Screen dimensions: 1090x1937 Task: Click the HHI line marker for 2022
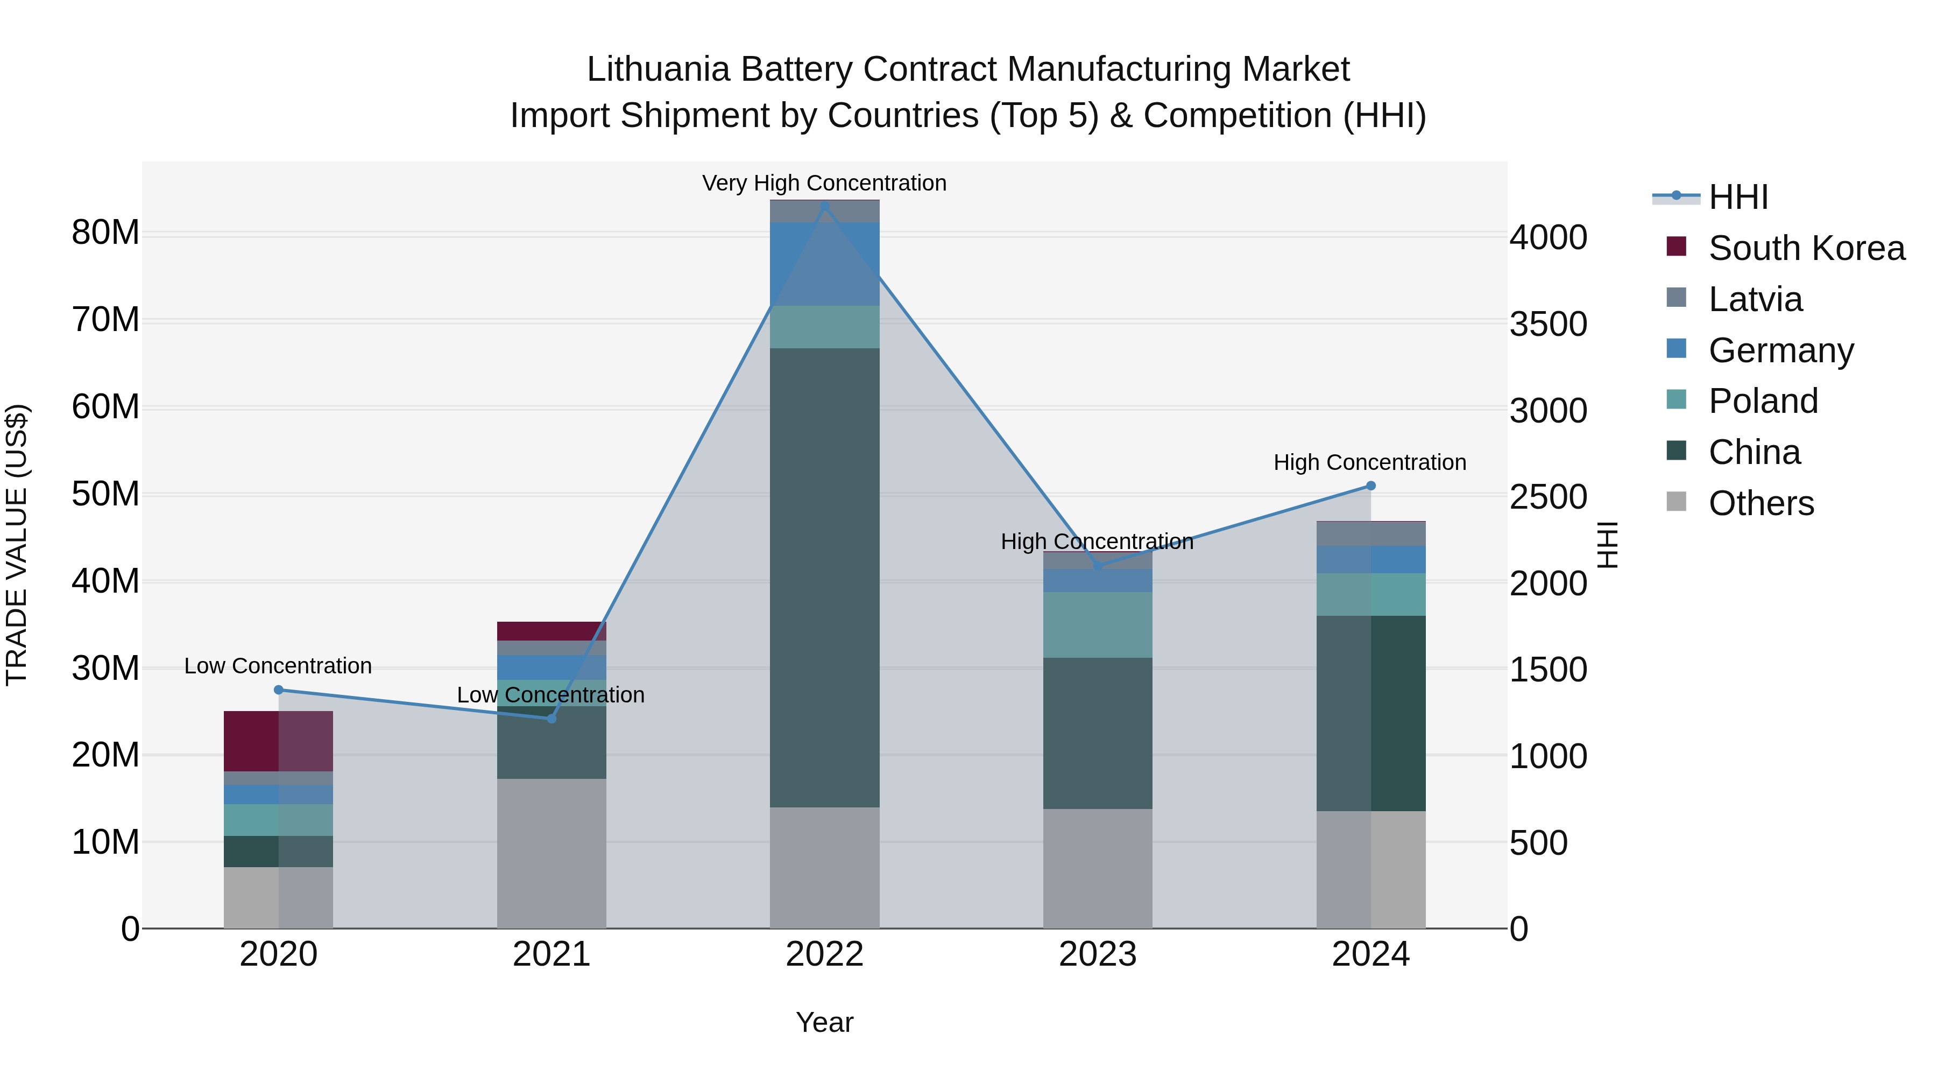coord(824,206)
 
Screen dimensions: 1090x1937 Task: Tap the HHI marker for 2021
coord(551,719)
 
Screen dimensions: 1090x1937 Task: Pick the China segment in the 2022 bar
coord(824,577)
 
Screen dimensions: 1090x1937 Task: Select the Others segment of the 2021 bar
coord(551,853)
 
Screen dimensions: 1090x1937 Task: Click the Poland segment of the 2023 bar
coord(1097,624)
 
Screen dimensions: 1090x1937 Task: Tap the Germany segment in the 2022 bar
coord(824,263)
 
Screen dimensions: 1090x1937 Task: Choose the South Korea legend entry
coord(1806,248)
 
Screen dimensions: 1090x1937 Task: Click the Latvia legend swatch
coord(1676,298)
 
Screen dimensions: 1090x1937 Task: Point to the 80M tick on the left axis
coord(105,233)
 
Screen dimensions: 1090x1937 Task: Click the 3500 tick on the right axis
coord(1548,324)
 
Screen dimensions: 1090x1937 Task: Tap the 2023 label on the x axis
coord(1097,954)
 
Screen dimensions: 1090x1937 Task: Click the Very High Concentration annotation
coord(824,183)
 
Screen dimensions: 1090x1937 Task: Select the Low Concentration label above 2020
coord(278,666)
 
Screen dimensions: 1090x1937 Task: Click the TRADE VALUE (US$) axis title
coord(17,545)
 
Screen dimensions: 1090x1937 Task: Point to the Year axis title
coord(824,1022)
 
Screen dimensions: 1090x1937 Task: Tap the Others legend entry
coord(1761,503)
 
